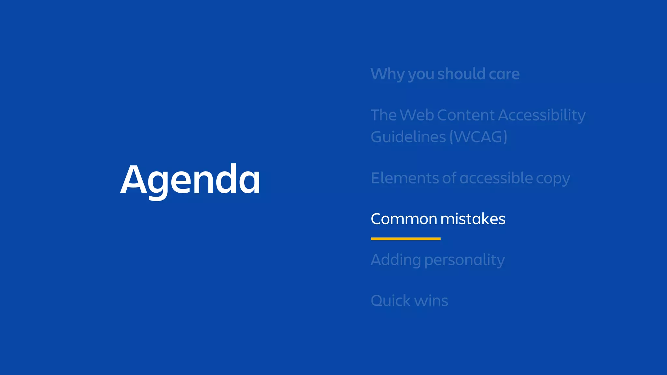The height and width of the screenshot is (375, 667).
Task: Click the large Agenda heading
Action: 191,180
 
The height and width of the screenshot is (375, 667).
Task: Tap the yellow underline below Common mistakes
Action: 405,239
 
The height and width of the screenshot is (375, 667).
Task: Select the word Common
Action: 404,219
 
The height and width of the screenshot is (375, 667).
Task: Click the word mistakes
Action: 473,219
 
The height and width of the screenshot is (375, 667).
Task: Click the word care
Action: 504,74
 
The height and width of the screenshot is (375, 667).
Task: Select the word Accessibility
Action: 542,115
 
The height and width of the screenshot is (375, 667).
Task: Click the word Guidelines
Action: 408,137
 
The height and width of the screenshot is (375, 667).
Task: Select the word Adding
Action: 396,260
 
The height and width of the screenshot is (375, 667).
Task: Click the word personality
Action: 465,260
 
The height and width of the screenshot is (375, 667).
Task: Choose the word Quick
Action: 390,300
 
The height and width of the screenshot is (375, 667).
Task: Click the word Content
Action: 466,115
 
